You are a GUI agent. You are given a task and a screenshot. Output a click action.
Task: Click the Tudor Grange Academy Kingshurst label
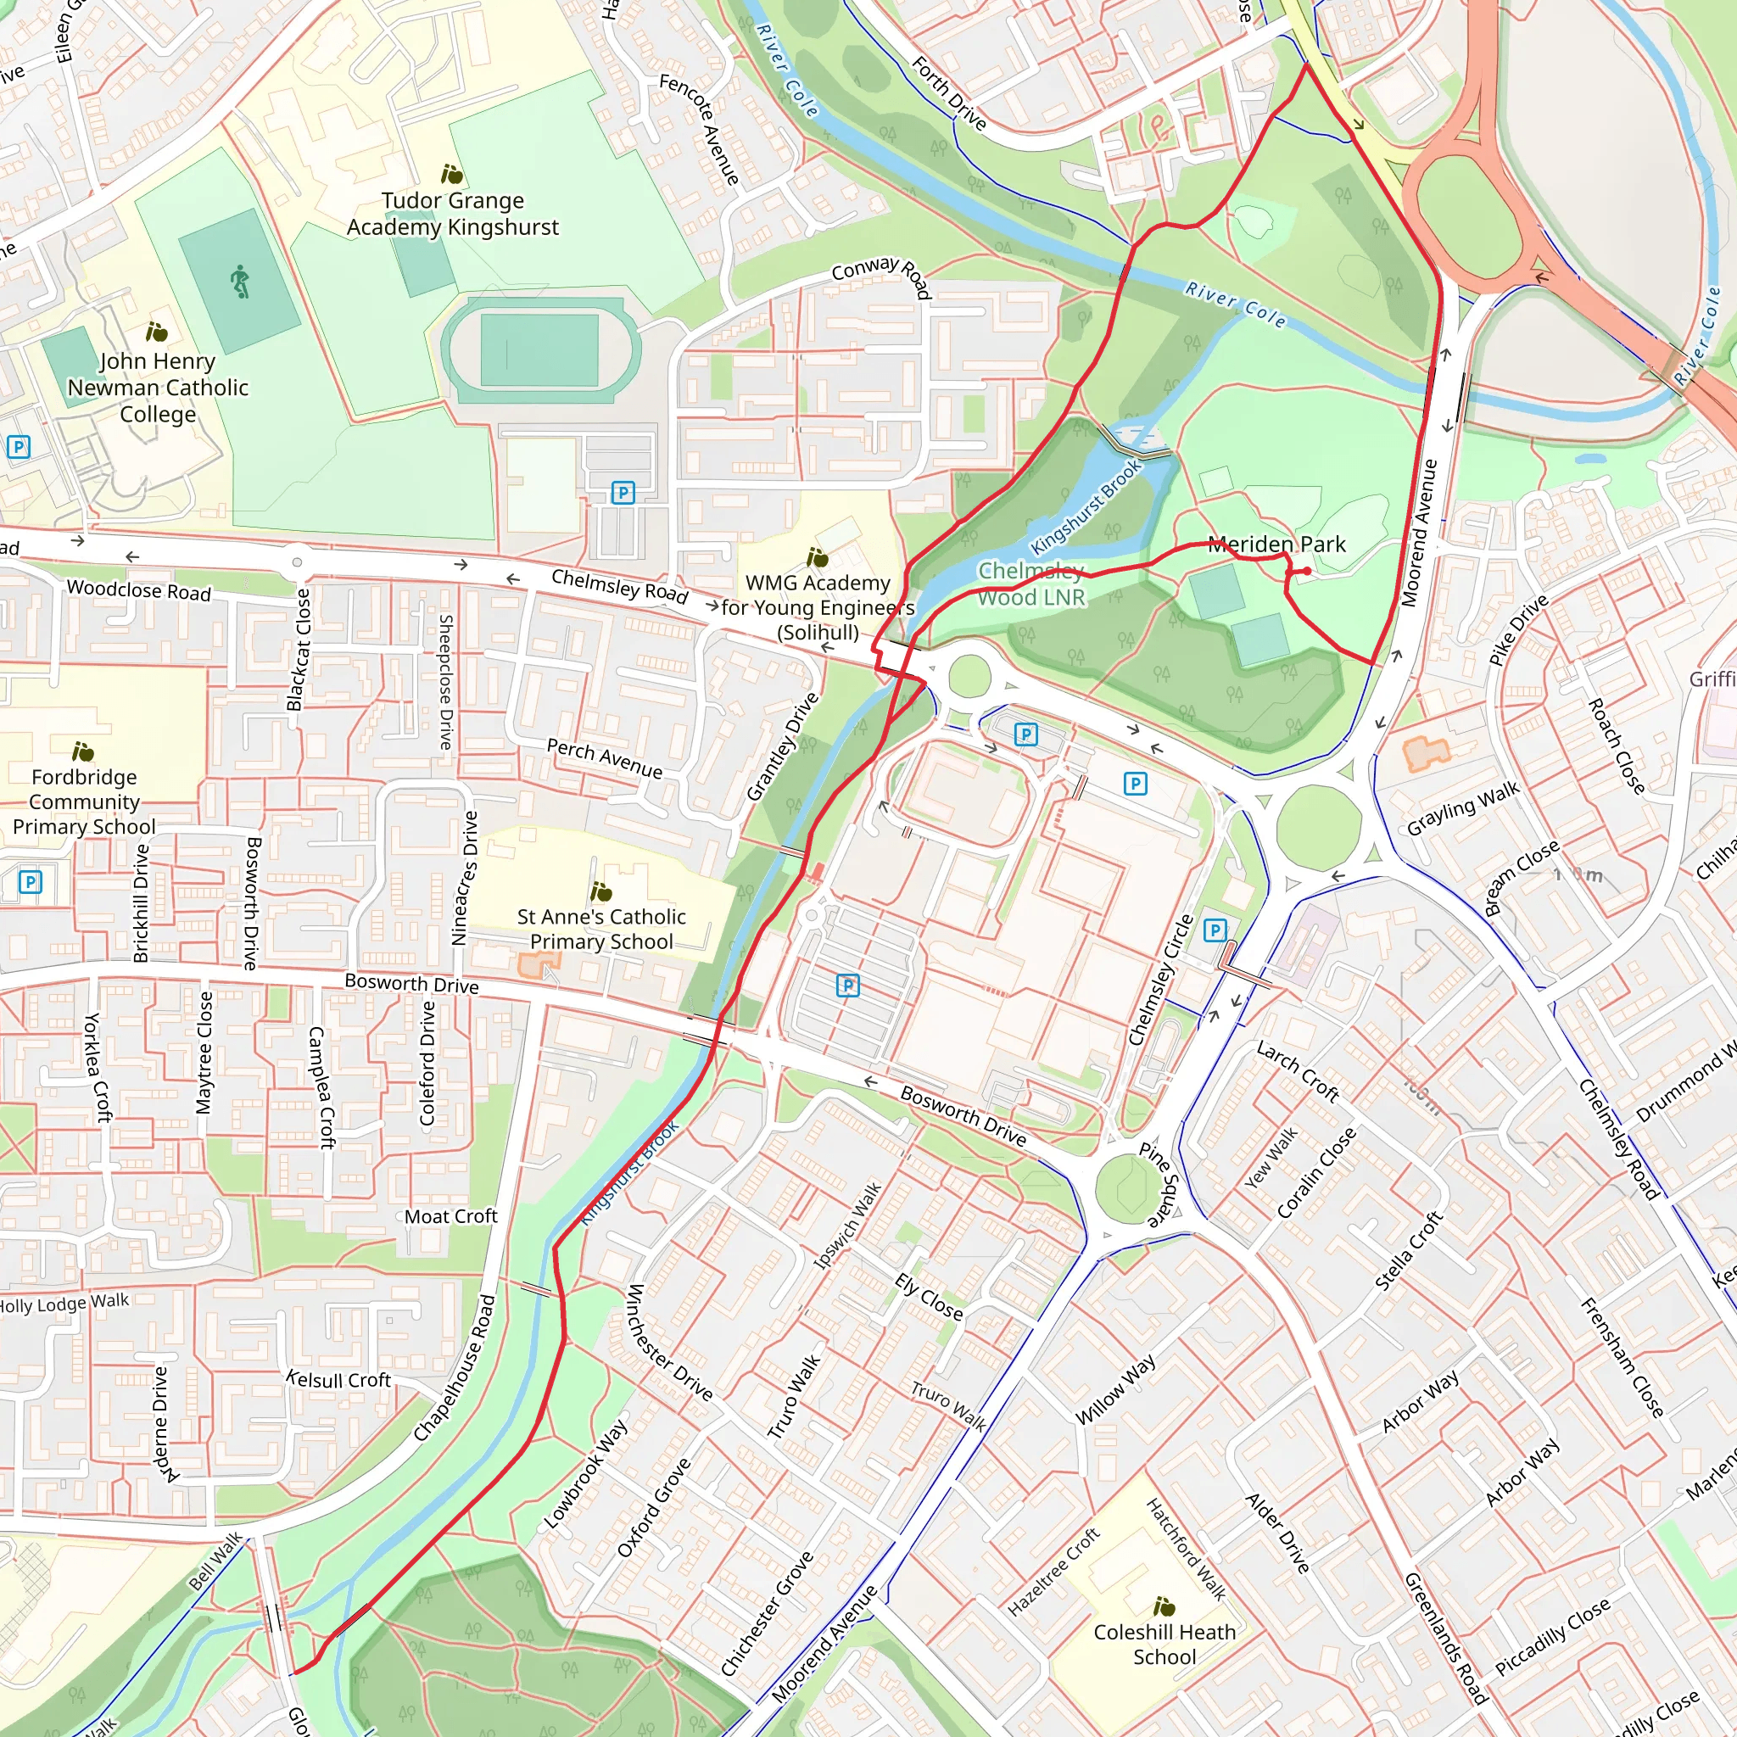(452, 214)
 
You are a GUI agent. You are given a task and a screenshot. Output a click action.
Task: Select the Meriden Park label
(1276, 544)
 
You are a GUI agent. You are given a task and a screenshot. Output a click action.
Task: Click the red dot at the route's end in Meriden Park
(1306, 571)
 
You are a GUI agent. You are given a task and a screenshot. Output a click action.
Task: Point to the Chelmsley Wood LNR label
(1031, 584)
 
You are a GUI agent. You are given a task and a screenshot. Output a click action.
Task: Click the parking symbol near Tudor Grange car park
(623, 493)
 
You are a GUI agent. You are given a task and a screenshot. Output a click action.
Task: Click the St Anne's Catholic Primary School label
(600, 929)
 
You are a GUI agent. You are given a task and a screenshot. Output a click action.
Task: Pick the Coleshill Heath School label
(1164, 1645)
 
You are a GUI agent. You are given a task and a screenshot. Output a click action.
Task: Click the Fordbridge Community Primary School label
(84, 801)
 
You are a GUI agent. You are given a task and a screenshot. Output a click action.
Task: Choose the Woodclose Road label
(138, 589)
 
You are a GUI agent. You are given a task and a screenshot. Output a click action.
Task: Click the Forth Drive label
(948, 92)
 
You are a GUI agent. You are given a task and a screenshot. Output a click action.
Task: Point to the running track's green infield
(539, 350)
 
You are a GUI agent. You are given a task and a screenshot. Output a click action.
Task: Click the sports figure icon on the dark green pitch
(239, 282)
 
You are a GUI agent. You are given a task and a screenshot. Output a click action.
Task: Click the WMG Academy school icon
(818, 557)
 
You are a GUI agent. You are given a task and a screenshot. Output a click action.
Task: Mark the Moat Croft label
(450, 1216)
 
